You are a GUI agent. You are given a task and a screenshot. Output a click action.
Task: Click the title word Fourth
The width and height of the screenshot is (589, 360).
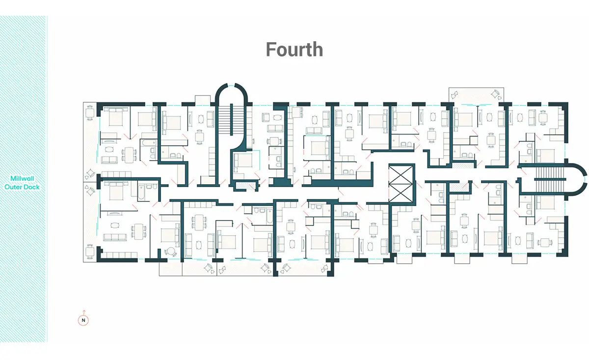coord(294,50)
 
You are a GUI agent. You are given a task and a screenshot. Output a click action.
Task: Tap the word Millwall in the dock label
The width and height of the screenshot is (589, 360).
coord(22,178)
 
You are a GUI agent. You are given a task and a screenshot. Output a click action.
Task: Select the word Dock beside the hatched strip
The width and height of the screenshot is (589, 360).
coord(31,187)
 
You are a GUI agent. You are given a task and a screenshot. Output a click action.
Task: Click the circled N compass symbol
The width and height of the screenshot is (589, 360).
coord(83,320)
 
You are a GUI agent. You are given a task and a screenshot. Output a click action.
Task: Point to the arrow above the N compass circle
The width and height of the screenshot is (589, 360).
coord(84,312)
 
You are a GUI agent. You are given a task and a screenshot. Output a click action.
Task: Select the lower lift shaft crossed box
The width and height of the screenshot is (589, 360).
coord(401,193)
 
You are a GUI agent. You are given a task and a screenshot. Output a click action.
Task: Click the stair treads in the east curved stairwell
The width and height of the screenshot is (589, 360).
coord(550,179)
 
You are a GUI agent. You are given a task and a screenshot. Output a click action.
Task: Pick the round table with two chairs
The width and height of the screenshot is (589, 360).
coord(171,251)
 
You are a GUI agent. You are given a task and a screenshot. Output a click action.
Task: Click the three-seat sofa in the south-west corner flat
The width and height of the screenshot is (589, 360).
coord(115,237)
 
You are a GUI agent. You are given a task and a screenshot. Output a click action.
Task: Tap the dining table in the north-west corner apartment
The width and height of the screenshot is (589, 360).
coord(129,155)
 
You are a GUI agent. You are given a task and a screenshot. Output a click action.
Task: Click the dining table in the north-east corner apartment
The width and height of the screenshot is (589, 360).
coord(543,118)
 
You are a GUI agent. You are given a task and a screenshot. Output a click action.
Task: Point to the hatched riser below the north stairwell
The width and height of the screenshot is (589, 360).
coord(245,186)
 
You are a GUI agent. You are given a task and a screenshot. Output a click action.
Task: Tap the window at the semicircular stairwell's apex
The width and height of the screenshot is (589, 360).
coord(231,85)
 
